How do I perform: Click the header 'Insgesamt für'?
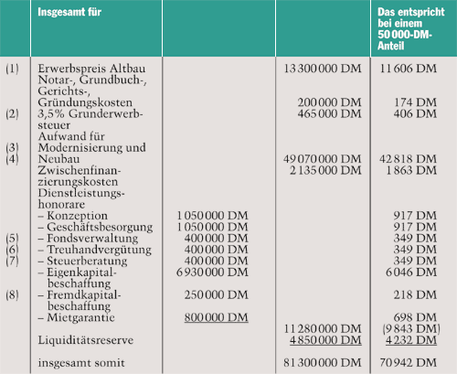[x=69, y=12]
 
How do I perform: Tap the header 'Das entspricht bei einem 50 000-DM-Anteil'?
[x=411, y=29]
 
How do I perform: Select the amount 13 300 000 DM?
[x=323, y=69]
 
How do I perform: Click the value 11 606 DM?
[x=409, y=69]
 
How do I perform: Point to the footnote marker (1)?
[x=12, y=69]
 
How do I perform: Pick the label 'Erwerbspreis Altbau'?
[x=91, y=69]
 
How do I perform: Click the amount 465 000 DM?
[x=330, y=113]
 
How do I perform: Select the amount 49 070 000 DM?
[x=323, y=159]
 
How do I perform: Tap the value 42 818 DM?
[x=409, y=159]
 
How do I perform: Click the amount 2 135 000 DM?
[x=325, y=170]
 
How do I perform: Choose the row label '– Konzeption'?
[x=73, y=216]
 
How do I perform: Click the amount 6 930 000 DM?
[x=212, y=272]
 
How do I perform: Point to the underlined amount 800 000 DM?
[x=217, y=317]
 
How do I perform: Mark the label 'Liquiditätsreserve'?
[x=86, y=340]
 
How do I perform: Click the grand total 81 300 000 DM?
[x=323, y=362]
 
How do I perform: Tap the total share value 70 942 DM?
[x=409, y=362]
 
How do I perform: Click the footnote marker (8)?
[x=12, y=295]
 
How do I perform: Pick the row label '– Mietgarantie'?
[x=77, y=317]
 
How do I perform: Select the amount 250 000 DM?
[x=217, y=294]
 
